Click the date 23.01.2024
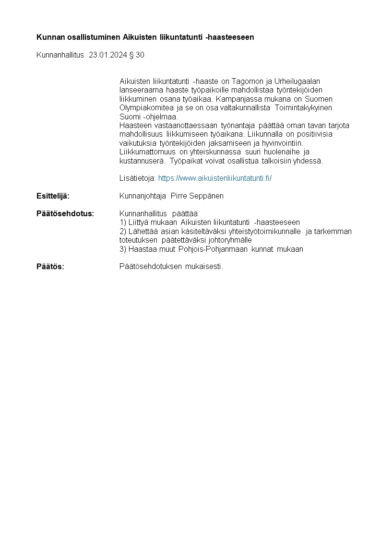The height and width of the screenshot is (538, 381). click(x=108, y=55)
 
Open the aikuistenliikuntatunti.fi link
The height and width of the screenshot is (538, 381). click(x=215, y=178)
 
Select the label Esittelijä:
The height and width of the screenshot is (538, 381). click(x=53, y=196)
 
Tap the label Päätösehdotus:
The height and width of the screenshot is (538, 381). click(x=65, y=213)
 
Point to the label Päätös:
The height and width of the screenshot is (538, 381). click(x=50, y=267)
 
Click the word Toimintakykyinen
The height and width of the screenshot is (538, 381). click(x=304, y=107)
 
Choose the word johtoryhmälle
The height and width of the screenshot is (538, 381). click(x=228, y=240)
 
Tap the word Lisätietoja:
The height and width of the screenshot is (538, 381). click(x=137, y=178)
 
